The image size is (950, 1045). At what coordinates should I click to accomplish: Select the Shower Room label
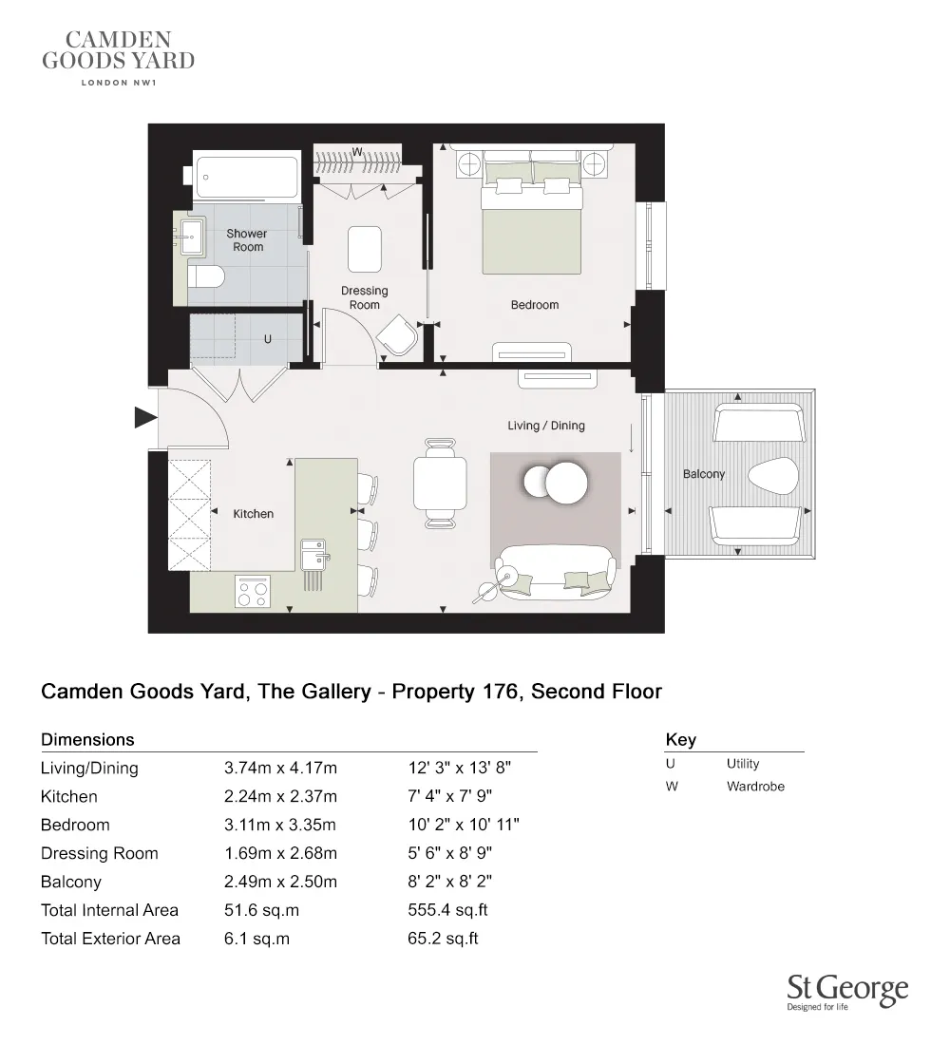(247, 239)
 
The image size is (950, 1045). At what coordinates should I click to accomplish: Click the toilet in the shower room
(205, 276)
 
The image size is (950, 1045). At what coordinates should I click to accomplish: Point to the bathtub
(247, 176)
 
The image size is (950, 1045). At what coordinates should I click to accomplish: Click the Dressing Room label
(365, 297)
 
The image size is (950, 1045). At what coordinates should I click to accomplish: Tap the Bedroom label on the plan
(535, 305)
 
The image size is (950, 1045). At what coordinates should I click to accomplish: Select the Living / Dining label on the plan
(546, 426)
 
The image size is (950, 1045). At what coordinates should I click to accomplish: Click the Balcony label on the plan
(704, 473)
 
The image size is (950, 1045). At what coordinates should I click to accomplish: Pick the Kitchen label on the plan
(254, 514)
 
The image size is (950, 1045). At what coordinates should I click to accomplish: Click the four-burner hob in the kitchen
(253, 593)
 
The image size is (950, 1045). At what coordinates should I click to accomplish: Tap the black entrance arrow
(144, 417)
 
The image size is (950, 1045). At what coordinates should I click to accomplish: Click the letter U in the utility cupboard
(268, 338)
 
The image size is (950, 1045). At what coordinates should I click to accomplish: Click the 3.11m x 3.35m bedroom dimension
(280, 825)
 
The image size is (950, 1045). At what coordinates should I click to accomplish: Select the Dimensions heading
(87, 739)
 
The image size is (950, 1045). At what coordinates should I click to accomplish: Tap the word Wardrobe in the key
(755, 787)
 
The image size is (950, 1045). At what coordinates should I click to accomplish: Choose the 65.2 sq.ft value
(443, 939)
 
